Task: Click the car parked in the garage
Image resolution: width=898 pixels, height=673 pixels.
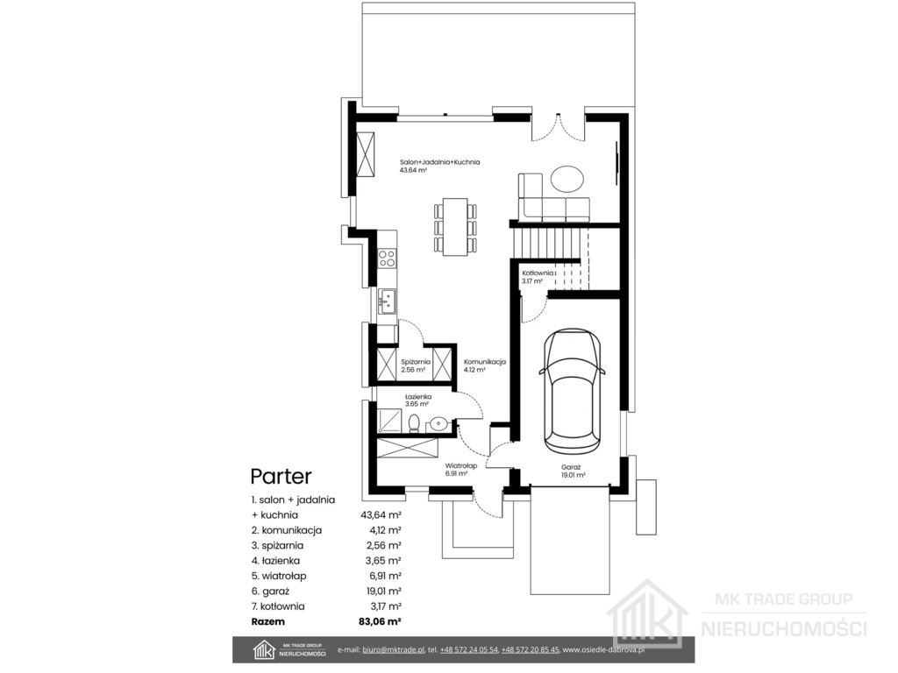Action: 573,390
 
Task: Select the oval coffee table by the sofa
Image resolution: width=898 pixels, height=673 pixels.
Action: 567,178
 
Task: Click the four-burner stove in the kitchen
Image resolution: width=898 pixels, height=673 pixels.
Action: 387,259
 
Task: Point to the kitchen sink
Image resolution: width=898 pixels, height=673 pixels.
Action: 387,301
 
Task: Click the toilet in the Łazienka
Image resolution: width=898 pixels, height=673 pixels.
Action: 414,423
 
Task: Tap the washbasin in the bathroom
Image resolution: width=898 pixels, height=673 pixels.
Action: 438,423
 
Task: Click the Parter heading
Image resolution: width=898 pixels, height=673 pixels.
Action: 282,476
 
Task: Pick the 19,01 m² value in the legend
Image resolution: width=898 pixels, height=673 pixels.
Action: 381,591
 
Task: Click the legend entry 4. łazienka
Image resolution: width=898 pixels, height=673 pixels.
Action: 275,561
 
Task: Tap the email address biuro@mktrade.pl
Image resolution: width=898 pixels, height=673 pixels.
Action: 394,649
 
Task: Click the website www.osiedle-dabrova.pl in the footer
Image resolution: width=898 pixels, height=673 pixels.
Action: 604,649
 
